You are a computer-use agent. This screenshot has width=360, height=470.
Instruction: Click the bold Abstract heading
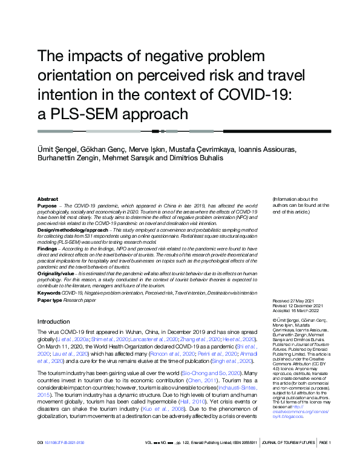point(48,199)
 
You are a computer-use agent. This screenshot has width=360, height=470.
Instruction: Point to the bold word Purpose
point(48,206)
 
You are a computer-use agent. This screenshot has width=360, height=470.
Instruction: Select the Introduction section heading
point(53,322)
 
